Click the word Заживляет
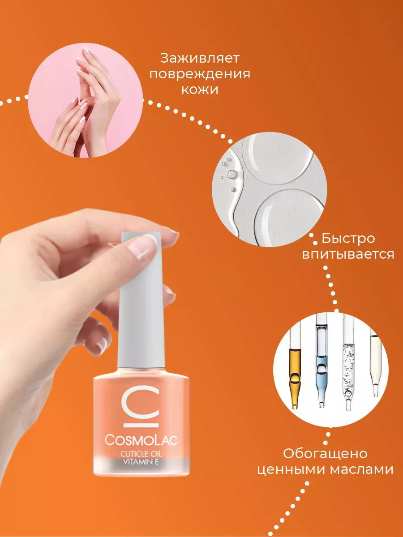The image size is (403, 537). (200, 59)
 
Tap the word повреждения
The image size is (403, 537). (200, 74)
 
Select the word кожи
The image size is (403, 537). (200, 90)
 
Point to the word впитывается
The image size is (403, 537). (348, 255)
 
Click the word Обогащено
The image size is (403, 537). (325, 454)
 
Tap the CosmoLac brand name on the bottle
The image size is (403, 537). (141, 439)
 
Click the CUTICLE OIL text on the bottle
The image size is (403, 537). (141, 454)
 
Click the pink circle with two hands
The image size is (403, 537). (86, 100)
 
